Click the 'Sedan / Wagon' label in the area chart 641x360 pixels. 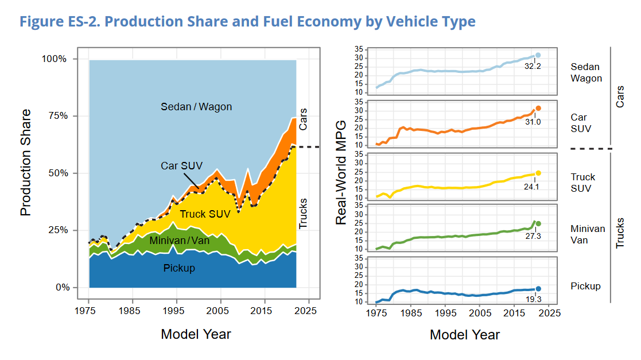point(196,107)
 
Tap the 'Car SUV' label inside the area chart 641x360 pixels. point(181,166)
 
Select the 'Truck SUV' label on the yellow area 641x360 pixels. point(205,214)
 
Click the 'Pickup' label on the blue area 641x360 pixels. point(179,268)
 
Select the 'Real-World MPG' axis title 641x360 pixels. point(341,172)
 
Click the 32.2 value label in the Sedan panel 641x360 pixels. point(533,66)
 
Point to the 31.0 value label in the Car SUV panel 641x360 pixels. point(533,122)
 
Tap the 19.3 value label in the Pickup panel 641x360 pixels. point(533,299)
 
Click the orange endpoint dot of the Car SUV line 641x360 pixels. point(538,109)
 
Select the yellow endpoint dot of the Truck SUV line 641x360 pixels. point(538,173)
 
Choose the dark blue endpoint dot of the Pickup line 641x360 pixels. point(538,289)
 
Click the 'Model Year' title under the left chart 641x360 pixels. point(196,334)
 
